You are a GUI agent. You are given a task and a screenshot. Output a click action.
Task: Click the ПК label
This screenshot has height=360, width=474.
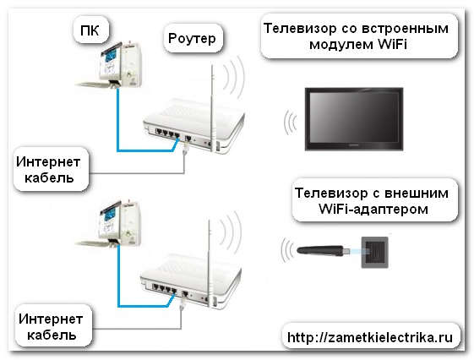tap(90, 30)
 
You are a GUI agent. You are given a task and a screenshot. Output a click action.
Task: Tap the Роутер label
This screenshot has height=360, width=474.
tap(192, 39)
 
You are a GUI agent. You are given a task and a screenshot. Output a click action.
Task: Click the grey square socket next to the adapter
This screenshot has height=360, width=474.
tap(375, 253)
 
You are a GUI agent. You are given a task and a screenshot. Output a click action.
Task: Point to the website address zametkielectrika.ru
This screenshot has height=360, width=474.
tap(370, 337)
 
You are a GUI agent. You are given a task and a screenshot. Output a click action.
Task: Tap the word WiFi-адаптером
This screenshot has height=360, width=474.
tap(373, 209)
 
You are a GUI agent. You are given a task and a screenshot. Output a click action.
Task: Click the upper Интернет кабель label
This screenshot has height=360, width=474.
tap(48, 170)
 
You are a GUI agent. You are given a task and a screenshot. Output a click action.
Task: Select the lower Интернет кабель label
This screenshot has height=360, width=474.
tap(51, 327)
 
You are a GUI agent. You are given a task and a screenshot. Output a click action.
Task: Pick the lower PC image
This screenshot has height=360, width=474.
tap(110, 223)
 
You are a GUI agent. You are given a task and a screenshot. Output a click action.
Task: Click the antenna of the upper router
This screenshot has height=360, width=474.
tap(213, 106)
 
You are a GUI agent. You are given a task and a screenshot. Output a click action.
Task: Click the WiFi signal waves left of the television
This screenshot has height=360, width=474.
tap(290, 123)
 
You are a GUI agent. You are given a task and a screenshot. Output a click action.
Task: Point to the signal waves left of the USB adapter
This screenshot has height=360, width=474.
tap(287, 249)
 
